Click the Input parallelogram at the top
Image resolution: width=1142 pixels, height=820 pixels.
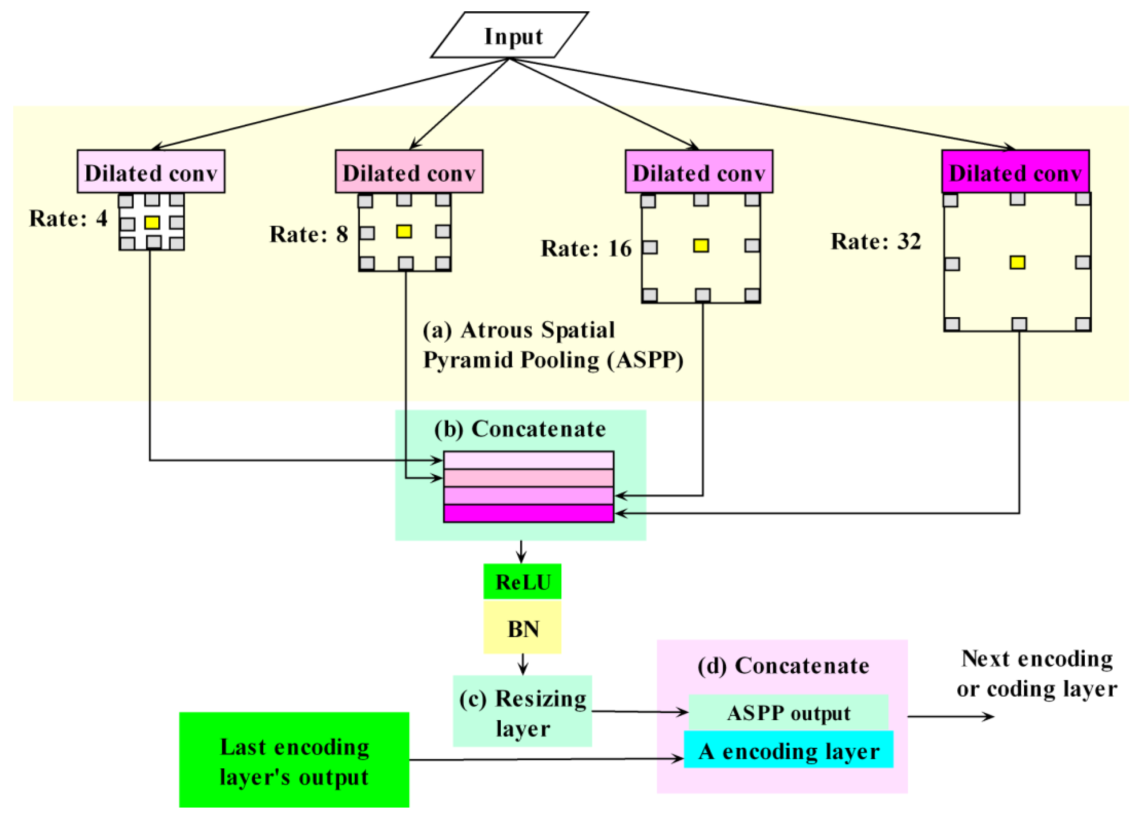tap(510, 35)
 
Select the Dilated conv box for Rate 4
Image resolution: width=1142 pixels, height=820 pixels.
tap(151, 172)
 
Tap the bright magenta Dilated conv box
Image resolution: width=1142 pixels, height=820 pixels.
tap(1015, 172)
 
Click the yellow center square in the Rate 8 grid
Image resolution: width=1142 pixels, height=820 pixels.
tap(404, 231)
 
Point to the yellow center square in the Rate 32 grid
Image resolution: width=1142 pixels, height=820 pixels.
tap(1017, 263)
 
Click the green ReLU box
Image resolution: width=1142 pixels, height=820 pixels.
tap(522, 582)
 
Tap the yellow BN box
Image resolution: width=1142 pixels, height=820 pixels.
tap(522, 629)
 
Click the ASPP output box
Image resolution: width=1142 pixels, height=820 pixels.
tap(788, 713)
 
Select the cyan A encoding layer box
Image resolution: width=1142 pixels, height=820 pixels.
tap(788, 751)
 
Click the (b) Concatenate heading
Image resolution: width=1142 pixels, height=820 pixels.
tap(520, 429)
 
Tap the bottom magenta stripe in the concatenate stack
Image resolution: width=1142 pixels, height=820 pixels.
tap(528, 514)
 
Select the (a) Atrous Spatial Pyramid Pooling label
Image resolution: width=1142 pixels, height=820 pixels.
tap(552, 345)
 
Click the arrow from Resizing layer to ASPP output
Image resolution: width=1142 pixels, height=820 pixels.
tap(639, 712)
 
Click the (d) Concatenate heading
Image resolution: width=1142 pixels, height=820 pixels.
tap(783, 666)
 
